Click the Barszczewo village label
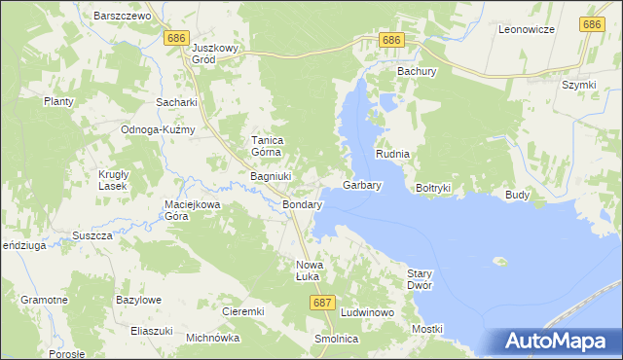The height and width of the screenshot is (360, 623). (x=120, y=17)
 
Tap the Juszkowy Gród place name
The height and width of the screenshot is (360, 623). (x=216, y=53)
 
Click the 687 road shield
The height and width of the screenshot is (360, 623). (x=324, y=304)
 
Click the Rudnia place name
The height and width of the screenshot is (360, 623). (x=393, y=155)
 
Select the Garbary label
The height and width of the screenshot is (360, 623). (x=362, y=184)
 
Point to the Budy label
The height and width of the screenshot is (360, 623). (x=517, y=195)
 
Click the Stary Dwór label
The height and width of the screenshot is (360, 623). (x=419, y=279)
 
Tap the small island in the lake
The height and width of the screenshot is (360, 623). (x=501, y=261)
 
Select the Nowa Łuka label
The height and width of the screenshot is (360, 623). (x=309, y=270)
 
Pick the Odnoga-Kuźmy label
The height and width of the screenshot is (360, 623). (x=158, y=129)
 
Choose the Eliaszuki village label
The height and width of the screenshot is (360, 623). (x=152, y=331)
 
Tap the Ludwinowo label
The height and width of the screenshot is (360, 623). (x=367, y=312)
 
